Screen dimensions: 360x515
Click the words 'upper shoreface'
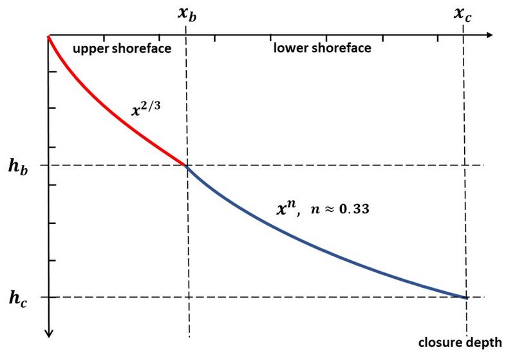point(122,48)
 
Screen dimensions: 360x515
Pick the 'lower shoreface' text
point(322,48)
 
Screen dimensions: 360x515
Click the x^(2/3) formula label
point(145,109)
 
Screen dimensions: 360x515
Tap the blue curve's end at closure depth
point(465,297)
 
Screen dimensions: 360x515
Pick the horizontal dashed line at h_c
point(257,297)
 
